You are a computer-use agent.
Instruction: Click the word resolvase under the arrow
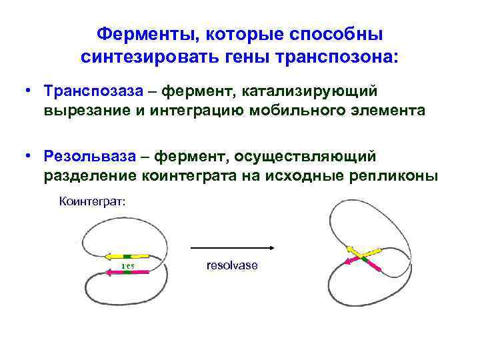pyautogui.click(x=231, y=265)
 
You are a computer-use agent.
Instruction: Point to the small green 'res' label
pyautogui.click(x=127, y=265)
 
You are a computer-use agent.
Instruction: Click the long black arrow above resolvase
pyautogui.click(x=233, y=249)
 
